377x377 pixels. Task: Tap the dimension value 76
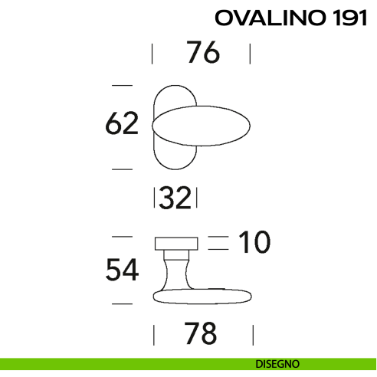202,54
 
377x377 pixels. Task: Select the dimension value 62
122,124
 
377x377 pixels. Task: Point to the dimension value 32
175,199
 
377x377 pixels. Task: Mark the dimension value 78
202,334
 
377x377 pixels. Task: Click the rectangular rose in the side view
177,244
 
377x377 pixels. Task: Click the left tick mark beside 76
152,54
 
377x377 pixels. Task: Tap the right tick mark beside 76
251,54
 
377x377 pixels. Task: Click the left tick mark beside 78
154,335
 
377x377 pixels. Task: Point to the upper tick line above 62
123,84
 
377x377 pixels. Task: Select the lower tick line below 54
123,305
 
